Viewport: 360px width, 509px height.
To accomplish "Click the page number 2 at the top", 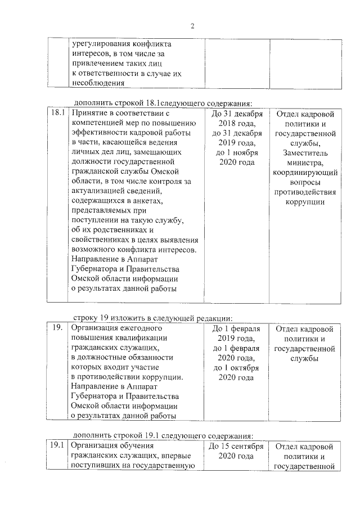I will pos(192,26).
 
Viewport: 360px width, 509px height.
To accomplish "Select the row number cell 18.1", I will pos(57,113).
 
